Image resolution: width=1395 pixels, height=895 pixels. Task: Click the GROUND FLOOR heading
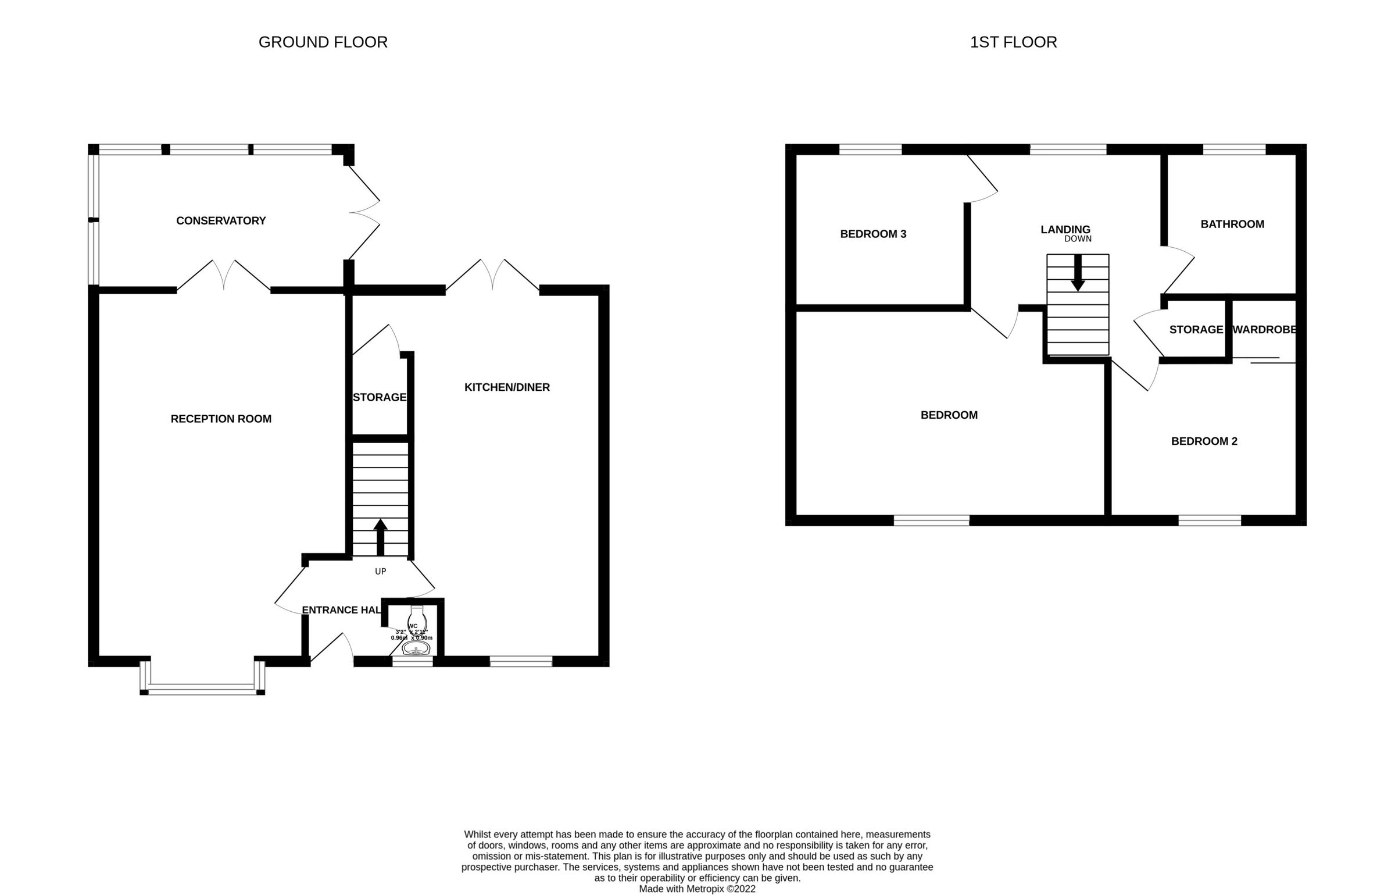(x=323, y=42)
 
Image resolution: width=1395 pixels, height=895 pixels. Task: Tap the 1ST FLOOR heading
(x=1013, y=42)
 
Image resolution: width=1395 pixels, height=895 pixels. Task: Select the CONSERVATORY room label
(x=221, y=221)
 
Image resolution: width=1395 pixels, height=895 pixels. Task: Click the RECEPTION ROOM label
(x=221, y=419)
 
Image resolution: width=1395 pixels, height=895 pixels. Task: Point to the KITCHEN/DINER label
(x=507, y=387)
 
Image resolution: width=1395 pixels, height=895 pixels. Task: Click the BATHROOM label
(x=1232, y=224)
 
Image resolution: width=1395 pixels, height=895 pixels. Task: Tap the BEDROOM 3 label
(x=873, y=234)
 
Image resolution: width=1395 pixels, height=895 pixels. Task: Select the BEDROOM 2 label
(x=1204, y=441)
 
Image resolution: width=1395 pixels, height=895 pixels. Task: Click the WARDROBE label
(x=1264, y=330)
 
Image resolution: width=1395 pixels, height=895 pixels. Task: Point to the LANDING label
(x=1065, y=230)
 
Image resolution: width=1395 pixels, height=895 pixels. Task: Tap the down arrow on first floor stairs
(x=1078, y=273)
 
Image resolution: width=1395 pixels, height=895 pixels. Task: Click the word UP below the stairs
(x=381, y=572)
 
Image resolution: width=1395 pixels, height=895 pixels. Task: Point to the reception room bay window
(x=202, y=691)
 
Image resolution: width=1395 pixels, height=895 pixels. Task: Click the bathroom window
(x=1234, y=149)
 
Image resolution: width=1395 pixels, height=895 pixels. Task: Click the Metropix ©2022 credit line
(x=697, y=889)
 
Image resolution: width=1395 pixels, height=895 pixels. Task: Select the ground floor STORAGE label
(x=380, y=398)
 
